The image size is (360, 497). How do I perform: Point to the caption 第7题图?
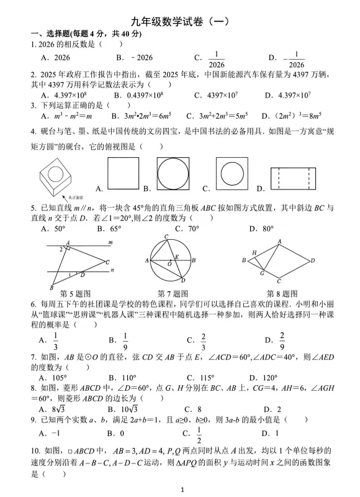coord(173,293)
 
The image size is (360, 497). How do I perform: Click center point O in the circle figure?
coord(169,264)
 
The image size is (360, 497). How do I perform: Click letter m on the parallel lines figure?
coord(110,242)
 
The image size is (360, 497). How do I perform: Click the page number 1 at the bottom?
coord(181,490)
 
